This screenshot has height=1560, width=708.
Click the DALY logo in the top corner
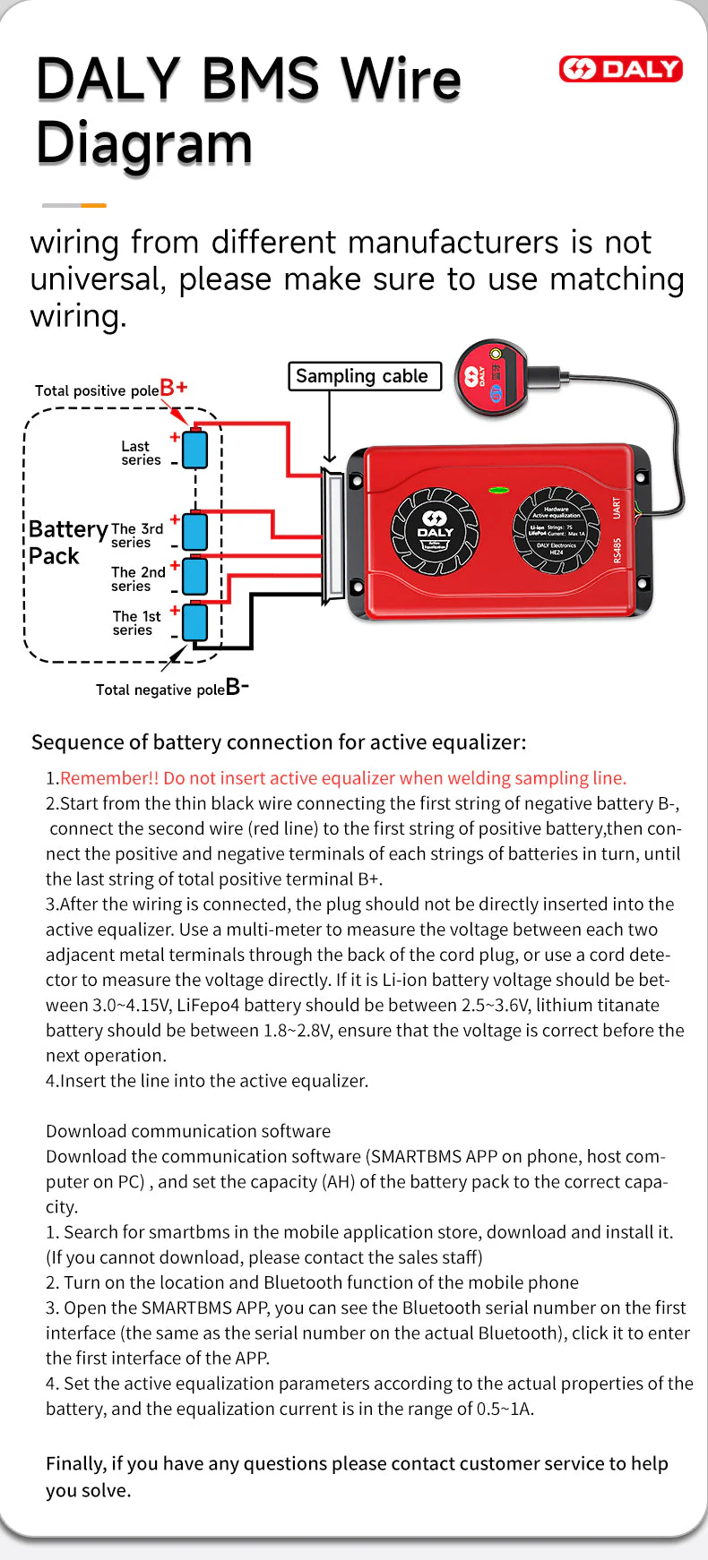click(620, 69)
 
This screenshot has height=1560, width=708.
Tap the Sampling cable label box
click(364, 376)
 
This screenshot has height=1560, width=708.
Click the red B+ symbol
click(173, 388)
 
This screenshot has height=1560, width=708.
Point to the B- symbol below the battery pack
click(237, 687)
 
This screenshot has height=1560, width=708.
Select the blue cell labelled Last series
click(194, 450)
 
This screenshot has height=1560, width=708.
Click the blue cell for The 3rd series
click(194, 531)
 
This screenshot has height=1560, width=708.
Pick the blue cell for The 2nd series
click(194, 577)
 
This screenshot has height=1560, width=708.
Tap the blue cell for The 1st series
click(194, 622)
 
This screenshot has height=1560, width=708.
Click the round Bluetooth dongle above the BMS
click(490, 376)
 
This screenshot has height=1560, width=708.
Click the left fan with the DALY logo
click(436, 531)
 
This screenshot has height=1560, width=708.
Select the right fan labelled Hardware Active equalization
click(556, 531)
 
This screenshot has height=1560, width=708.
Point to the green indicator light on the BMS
click(498, 491)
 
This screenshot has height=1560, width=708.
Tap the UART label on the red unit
click(617, 507)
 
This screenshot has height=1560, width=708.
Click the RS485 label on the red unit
click(617, 551)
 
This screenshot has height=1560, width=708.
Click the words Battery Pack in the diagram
click(66, 543)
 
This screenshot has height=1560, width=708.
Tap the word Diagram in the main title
click(144, 143)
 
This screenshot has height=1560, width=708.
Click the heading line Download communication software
click(188, 1131)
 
